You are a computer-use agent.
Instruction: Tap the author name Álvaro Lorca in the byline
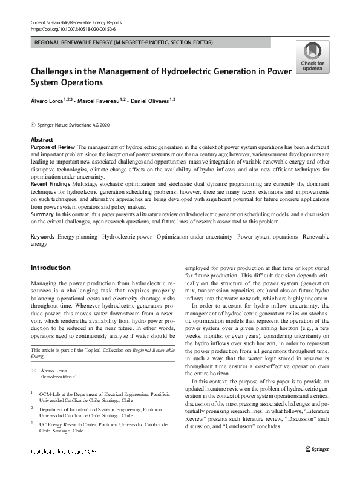coord(47,99)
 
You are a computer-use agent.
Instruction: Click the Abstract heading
coord(42,140)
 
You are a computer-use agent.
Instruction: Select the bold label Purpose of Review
coord(53,147)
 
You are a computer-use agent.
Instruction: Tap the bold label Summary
coord(42,214)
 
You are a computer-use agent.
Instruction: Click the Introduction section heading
coord(50,268)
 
